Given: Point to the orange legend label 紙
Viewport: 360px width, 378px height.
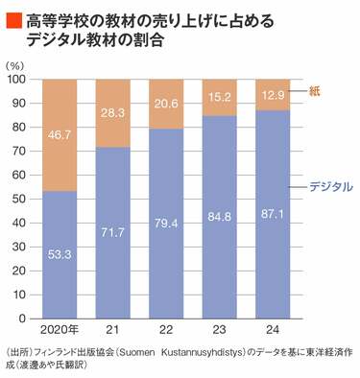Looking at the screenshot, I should pyautogui.click(x=316, y=90).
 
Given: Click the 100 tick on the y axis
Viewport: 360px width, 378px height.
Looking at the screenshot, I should pyautogui.click(x=18, y=80).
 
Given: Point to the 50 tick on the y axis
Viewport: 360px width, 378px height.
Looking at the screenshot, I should pyautogui.click(x=21, y=199).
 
